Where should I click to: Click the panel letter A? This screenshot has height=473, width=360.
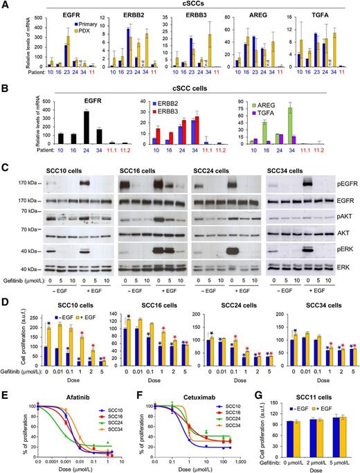(x=5, y=6)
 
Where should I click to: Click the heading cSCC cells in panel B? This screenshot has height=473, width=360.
(x=186, y=89)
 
